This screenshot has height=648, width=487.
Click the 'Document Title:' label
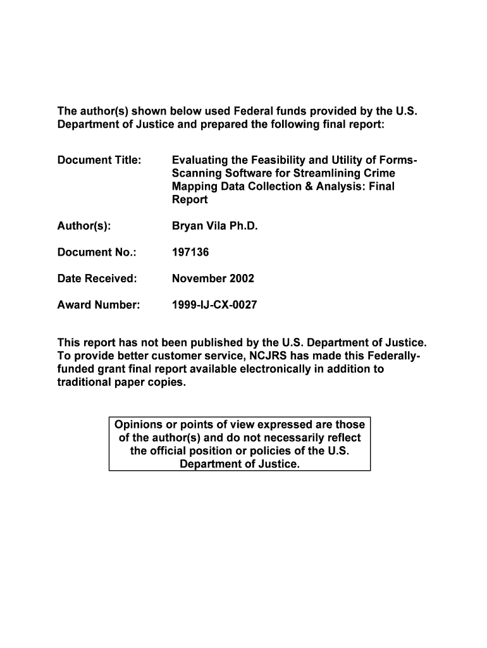(x=99, y=160)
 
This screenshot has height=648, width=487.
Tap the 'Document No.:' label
(x=97, y=252)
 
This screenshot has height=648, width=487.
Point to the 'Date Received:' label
(x=97, y=278)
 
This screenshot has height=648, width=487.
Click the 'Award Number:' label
(x=98, y=305)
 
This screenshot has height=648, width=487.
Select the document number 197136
(x=190, y=252)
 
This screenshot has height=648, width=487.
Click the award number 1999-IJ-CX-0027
(x=214, y=305)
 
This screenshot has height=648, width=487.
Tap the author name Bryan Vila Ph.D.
(x=215, y=226)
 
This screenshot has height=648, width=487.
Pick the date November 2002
(x=213, y=278)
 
